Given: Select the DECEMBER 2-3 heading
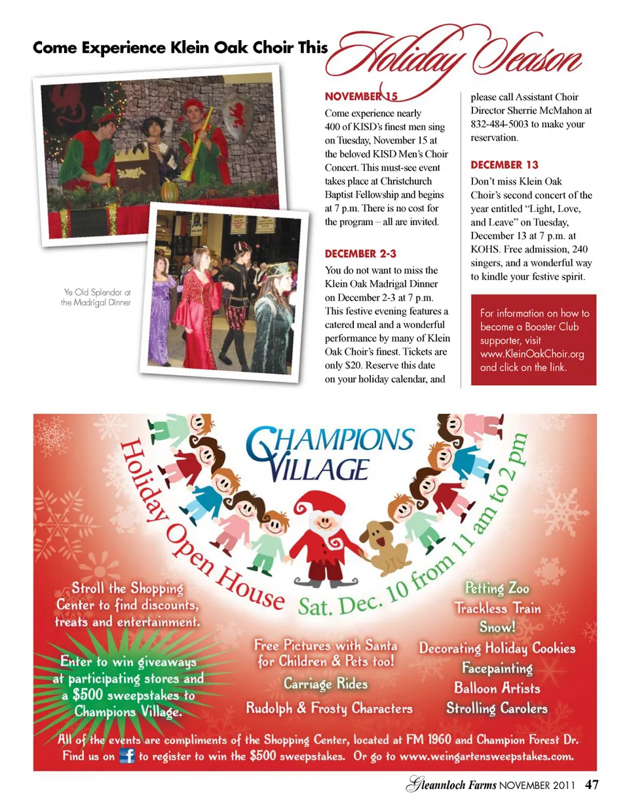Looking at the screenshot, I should pos(360,253).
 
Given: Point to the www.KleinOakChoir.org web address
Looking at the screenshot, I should pos(532,354).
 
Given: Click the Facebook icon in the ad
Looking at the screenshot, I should pos(126,757).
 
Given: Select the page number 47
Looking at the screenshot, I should pos(592,784).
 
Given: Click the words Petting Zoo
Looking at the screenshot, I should pos(497,588).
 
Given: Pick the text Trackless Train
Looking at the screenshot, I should pos(499,607).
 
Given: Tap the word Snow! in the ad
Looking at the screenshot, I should pos(497,627).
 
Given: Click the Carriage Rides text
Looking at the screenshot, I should pos(326,684).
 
